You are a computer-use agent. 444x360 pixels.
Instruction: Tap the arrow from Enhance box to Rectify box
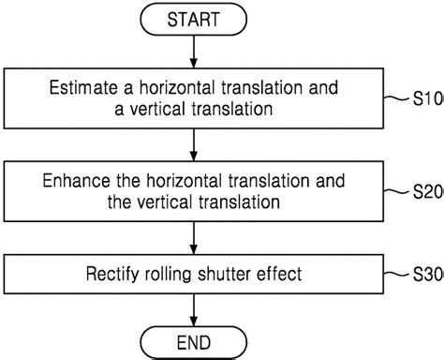click(192, 237)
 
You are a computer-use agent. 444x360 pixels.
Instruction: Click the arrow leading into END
click(192, 308)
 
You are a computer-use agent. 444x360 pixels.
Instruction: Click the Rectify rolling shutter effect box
click(192, 276)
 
